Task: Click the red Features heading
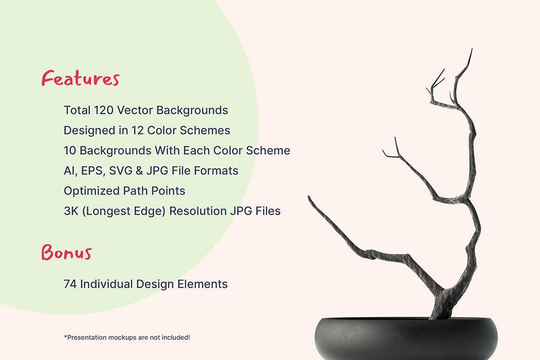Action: (x=81, y=78)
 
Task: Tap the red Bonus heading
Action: (x=67, y=252)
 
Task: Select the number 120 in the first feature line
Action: (x=104, y=110)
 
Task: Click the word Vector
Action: (x=135, y=110)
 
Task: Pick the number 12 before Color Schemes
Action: (x=137, y=130)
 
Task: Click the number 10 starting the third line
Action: (x=70, y=150)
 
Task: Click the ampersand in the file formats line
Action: (x=139, y=171)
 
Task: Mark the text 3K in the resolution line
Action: (x=71, y=211)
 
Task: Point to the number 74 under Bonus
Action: (x=70, y=284)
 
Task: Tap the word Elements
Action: (x=202, y=284)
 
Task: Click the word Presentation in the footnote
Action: (x=87, y=338)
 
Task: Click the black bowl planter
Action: (x=406, y=338)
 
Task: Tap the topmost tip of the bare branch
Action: (x=472, y=48)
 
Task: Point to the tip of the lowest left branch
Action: (x=309, y=197)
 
